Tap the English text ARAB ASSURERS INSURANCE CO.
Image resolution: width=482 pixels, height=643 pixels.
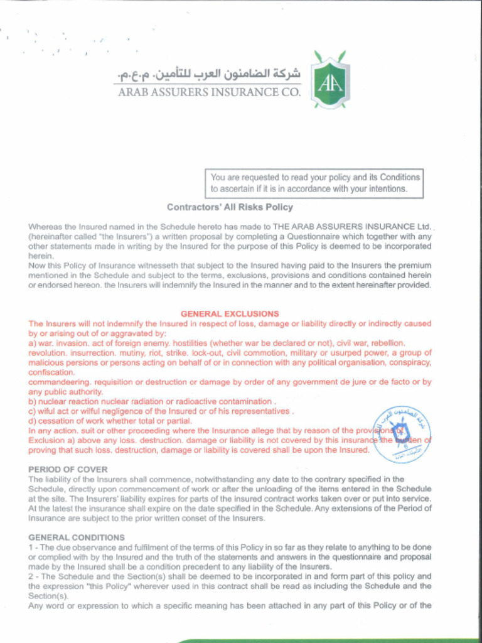209,92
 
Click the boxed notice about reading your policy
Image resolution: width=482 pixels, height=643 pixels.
314,183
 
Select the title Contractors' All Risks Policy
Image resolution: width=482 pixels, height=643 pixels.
230,207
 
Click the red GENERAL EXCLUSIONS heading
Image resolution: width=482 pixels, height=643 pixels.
230,313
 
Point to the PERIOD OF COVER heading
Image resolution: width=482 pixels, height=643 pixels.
68,470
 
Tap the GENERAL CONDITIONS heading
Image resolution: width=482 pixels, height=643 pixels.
77,538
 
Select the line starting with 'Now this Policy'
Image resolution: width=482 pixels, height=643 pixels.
230,266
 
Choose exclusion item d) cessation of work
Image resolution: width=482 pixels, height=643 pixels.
110,421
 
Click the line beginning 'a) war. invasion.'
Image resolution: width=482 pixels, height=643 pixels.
217,343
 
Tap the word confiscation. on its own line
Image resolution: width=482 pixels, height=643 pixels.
52,372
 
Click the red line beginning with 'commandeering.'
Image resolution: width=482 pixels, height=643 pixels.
230,382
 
